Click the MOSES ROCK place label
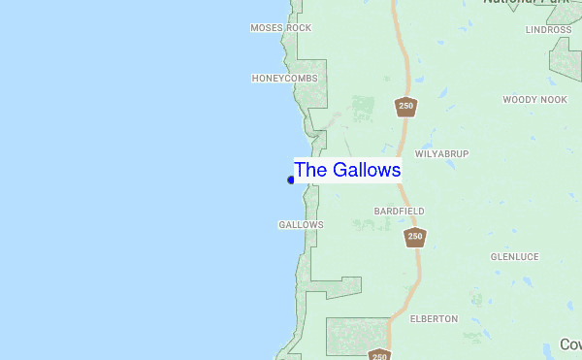coord(280,28)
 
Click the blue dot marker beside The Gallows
coord(291,180)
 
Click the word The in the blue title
coord(310,170)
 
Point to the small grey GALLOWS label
coord(301,224)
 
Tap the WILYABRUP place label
coord(442,154)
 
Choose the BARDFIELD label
coord(399,211)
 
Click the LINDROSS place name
coord(548,30)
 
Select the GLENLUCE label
coord(514,257)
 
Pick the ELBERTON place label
coord(434,318)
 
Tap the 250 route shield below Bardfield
coord(415,237)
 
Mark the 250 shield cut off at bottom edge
coord(379,355)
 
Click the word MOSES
coord(265,28)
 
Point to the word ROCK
coord(299,28)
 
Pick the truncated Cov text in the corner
coord(570,344)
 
